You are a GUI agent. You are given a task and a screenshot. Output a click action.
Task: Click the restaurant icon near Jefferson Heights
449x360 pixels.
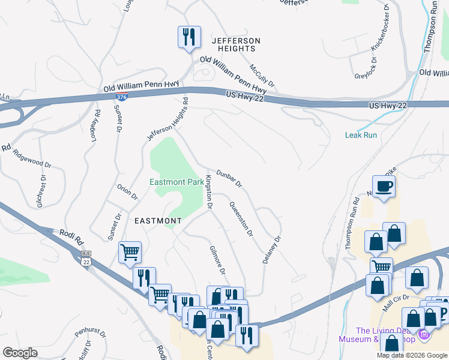click(188, 37)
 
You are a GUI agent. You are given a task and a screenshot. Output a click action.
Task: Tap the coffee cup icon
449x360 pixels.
click(384, 186)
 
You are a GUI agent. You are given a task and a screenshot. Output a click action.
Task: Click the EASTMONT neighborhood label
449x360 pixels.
click(157, 221)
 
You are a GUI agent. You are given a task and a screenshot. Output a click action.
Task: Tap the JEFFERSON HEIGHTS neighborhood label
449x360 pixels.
click(236, 45)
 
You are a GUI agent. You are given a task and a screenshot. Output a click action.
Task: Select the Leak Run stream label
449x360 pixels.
click(361, 135)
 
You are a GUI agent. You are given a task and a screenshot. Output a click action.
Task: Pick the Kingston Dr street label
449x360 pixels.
click(209, 192)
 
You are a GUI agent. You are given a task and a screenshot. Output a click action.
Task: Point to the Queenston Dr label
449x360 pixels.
click(241, 218)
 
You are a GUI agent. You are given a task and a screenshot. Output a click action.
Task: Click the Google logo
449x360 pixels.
click(20, 353)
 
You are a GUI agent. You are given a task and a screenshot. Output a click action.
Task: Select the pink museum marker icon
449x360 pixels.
click(424, 334)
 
